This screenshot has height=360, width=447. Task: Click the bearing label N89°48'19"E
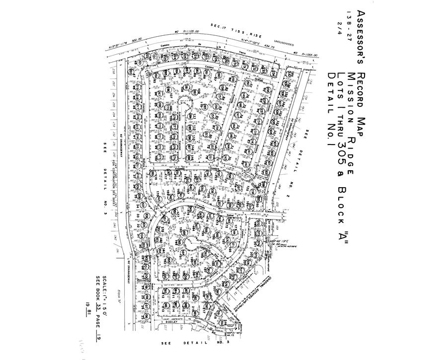coord(285,239)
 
